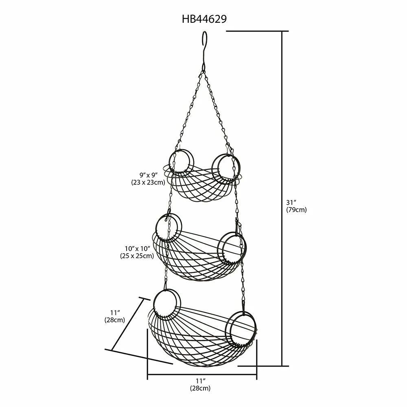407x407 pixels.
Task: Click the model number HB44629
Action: tap(204, 19)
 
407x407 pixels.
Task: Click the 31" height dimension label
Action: tap(291, 202)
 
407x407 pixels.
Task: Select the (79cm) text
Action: tap(296, 210)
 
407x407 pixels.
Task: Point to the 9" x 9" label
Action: tap(149, 175)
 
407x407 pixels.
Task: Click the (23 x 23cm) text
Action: tap(148, 182)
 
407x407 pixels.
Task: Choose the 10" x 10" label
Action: tap(138, 248)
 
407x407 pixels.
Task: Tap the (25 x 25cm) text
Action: tap(137, 256)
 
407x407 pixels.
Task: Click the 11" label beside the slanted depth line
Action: tap(115, 312)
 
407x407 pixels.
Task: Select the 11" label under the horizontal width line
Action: tap(201, 381)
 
